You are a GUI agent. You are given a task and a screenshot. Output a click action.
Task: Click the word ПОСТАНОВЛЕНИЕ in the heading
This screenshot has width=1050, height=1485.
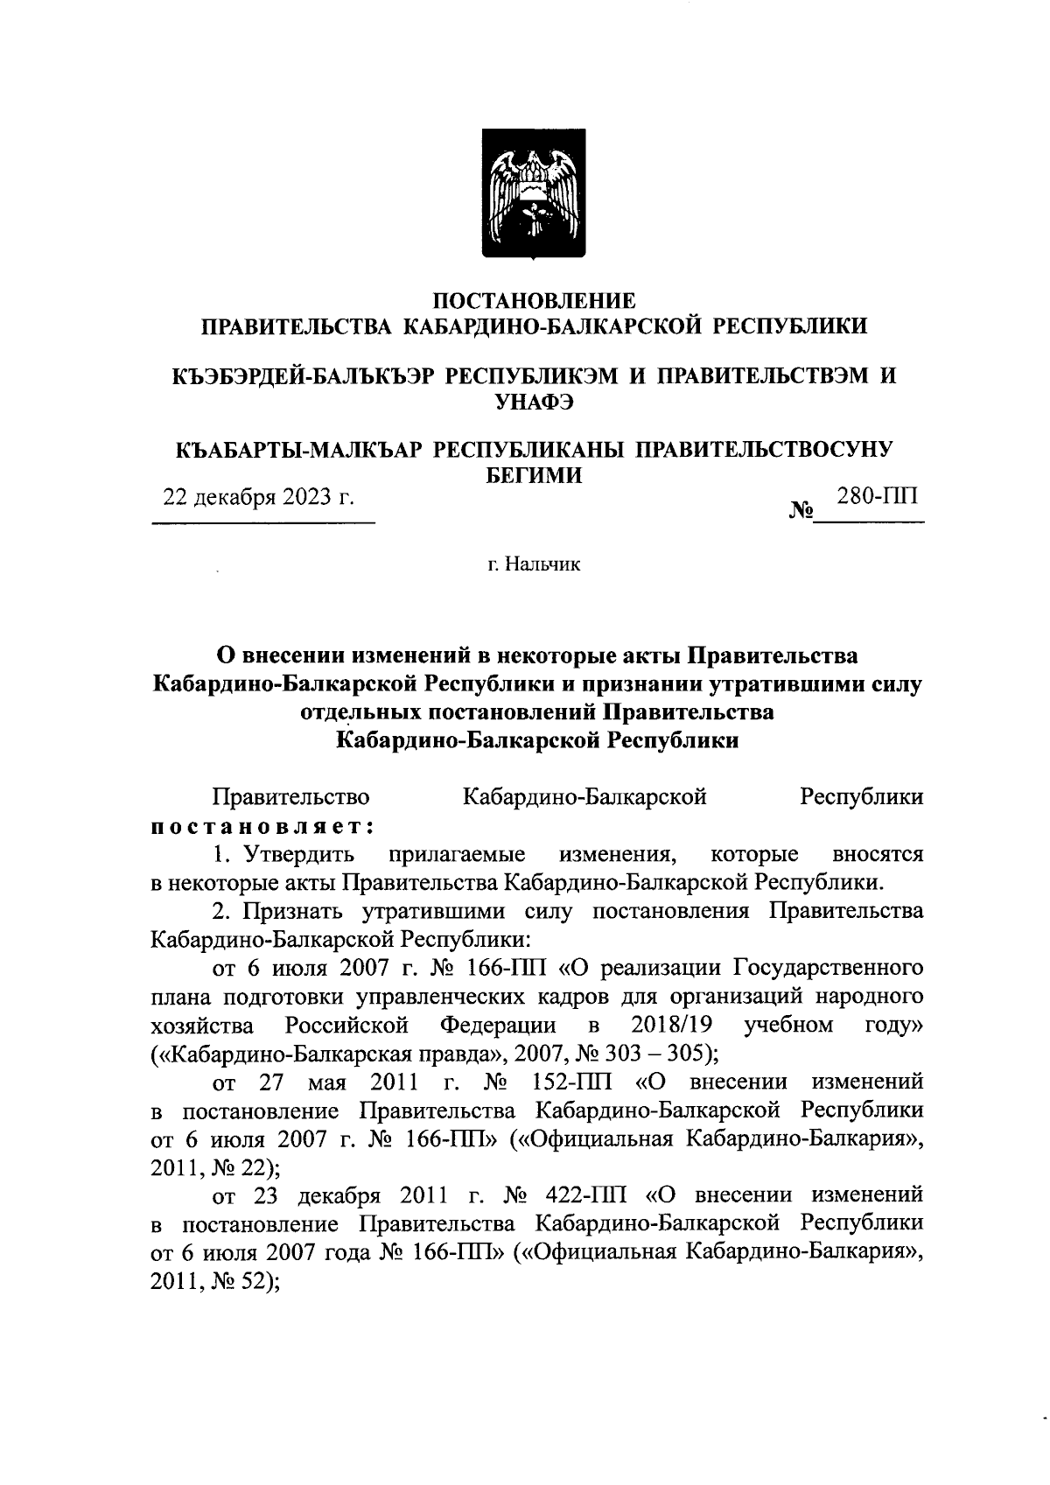click(535, 302)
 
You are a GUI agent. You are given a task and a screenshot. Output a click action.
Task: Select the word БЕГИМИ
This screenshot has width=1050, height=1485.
click(535, 474)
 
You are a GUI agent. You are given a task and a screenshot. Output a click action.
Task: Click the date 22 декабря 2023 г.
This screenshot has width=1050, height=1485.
click(260, 498)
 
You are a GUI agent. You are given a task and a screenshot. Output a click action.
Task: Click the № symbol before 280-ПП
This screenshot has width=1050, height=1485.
click(801, 509)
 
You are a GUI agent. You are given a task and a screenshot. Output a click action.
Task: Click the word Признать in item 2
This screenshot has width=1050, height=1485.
click(295, 911)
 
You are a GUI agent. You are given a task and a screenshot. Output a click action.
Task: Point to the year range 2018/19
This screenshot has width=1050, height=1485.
click(669, 1024)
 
